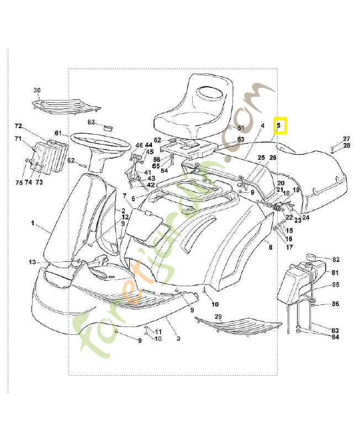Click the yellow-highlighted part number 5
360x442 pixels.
pyautogui.click(x=279, y=126)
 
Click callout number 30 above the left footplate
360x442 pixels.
pyautogui.click(x=37, y=90)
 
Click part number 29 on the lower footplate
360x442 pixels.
pyautogui.click(x=218, y=317)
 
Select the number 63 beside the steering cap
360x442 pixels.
pyautogui.click(x=91, y=122)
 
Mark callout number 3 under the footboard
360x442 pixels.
pyautogui.click(x=178, y=338)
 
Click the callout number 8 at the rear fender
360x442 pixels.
pyautogui.click(x=271, y=248)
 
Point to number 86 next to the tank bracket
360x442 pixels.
pyautogui.click(x=335, y=304)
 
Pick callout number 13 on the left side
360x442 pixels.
pyautogui.click(x=32, y=262)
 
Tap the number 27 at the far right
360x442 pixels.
pyautogui.click(x=346, y=139)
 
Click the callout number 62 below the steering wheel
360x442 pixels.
pyautogui.click(x=71, y=161)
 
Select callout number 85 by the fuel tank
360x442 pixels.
pyautogui.click(x=335, y=285)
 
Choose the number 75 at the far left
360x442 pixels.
pyautogui.click(x=19, y=182)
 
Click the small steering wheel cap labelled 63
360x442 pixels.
pyautogui.click(x=107, y=127)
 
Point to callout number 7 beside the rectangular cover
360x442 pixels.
pyautogui.click(x=125, y=196)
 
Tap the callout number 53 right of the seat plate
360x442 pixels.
pyautogui.click(x=240, y=140)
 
